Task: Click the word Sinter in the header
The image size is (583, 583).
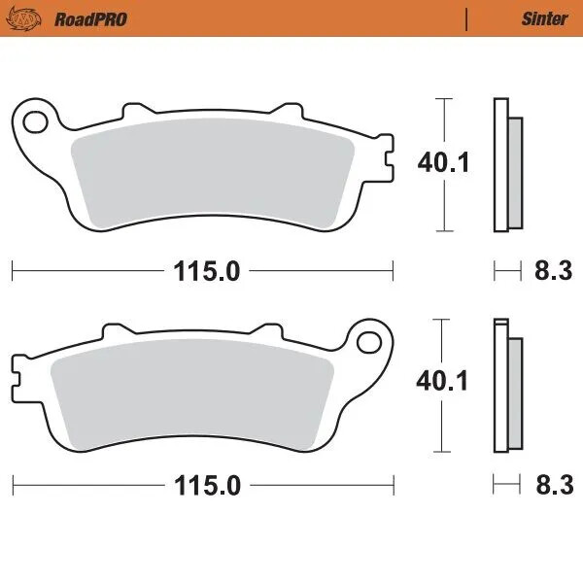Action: click(545, 18)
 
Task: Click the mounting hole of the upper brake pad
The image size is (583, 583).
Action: click(37, 121)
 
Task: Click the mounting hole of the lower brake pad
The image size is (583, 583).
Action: click(369, 341)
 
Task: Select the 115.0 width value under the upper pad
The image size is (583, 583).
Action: click(206, 271)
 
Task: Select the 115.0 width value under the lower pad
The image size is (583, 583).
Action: click(206, 485)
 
